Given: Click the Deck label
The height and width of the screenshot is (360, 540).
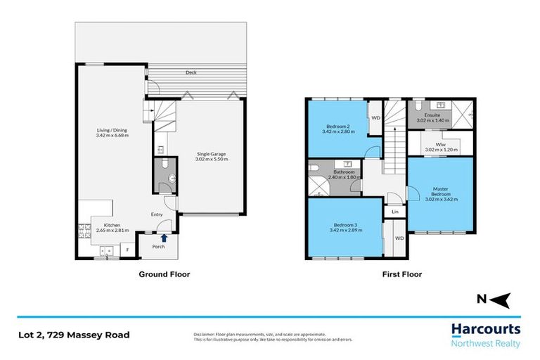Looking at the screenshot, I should pyautogui.click(x=191, y=72).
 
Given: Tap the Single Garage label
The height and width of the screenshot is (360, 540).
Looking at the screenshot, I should pyautogui.click(x=212, y=157).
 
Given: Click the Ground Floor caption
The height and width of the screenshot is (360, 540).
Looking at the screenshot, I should pyautogui.click(x=163, y=274).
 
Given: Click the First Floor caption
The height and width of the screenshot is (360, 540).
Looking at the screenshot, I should pyautogui.click(x=402, y=274).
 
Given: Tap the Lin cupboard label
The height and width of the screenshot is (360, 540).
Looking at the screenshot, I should pyautogui.click(x=394, y=211).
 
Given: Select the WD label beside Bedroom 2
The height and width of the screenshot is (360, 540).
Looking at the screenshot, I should pyautogui.click(x=375, y=117).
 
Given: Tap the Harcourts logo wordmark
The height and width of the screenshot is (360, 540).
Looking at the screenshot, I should pyautogui.click(x=485, y=329).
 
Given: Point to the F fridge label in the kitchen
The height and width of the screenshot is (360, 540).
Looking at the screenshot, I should pyautogui.click(x=128, y=249).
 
